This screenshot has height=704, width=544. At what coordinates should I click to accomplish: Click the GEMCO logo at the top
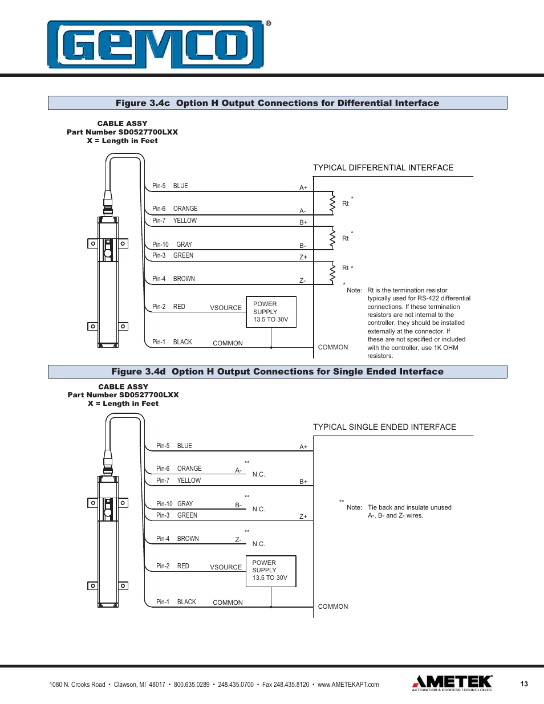(156, 44)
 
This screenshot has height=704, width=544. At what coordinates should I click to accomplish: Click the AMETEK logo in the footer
(452, 682)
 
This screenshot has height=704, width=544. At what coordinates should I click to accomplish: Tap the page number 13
(524, 684)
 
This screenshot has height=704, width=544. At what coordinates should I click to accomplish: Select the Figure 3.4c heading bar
(277, 103)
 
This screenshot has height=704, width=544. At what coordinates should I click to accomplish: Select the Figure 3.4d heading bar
(277, 372)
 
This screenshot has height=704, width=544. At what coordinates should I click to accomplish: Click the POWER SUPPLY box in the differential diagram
(271, 312)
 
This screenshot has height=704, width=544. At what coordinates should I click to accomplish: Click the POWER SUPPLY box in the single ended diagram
(271, 571)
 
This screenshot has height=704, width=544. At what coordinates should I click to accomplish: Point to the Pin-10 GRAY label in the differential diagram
(172, 245)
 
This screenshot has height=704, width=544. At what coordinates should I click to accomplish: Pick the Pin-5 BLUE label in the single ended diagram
(174, 446)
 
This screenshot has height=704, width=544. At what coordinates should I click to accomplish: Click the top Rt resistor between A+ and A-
(332, 203)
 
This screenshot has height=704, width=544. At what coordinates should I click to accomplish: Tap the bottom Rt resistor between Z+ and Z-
(332, 273)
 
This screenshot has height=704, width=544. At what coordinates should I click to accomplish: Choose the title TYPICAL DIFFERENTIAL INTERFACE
(383, 168)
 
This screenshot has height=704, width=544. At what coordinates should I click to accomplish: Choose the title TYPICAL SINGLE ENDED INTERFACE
(384, 427)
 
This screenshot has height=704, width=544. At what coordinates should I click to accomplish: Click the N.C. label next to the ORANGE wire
(258, 474)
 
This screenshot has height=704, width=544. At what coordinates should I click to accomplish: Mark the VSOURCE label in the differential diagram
(226, 308)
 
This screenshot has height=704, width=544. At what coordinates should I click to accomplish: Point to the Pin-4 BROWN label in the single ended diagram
(177, 539)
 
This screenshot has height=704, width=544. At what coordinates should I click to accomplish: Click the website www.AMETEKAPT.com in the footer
(348, 685)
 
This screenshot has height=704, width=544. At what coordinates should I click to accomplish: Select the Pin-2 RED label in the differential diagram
(168, 307)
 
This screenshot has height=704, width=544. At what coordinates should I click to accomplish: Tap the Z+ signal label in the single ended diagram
(303, 516)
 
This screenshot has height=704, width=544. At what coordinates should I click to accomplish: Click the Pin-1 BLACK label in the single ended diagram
(176, 602)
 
